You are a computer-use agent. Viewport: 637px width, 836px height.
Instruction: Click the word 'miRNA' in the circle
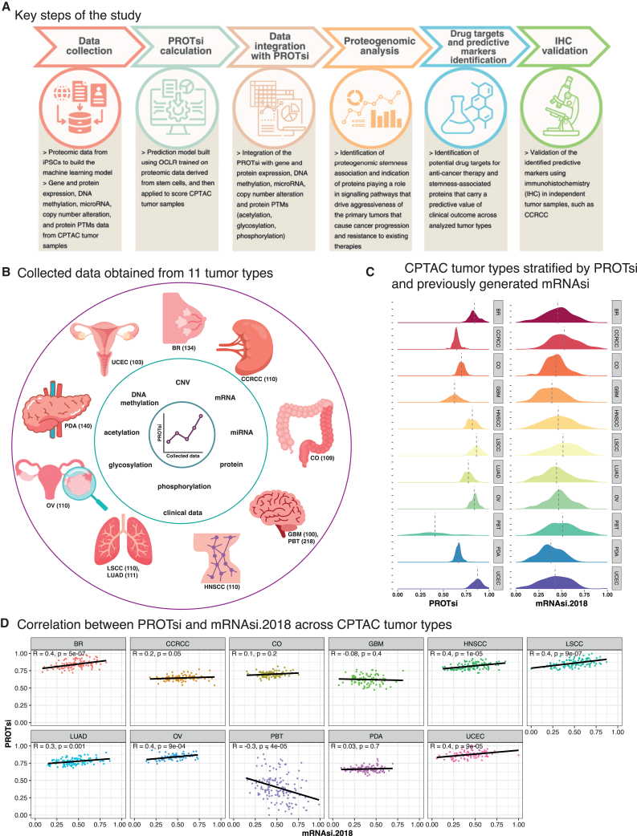click(x=242, y=432)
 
